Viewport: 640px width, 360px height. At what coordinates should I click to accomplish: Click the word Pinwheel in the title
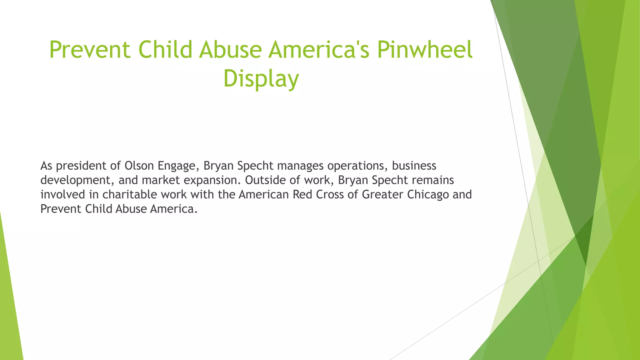tap(424, 50)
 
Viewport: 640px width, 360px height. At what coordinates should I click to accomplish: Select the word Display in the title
tap(261, 79)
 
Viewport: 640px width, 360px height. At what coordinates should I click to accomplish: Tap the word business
tap(414, 166)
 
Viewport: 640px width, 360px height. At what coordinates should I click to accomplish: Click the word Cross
tap(330, 194)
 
